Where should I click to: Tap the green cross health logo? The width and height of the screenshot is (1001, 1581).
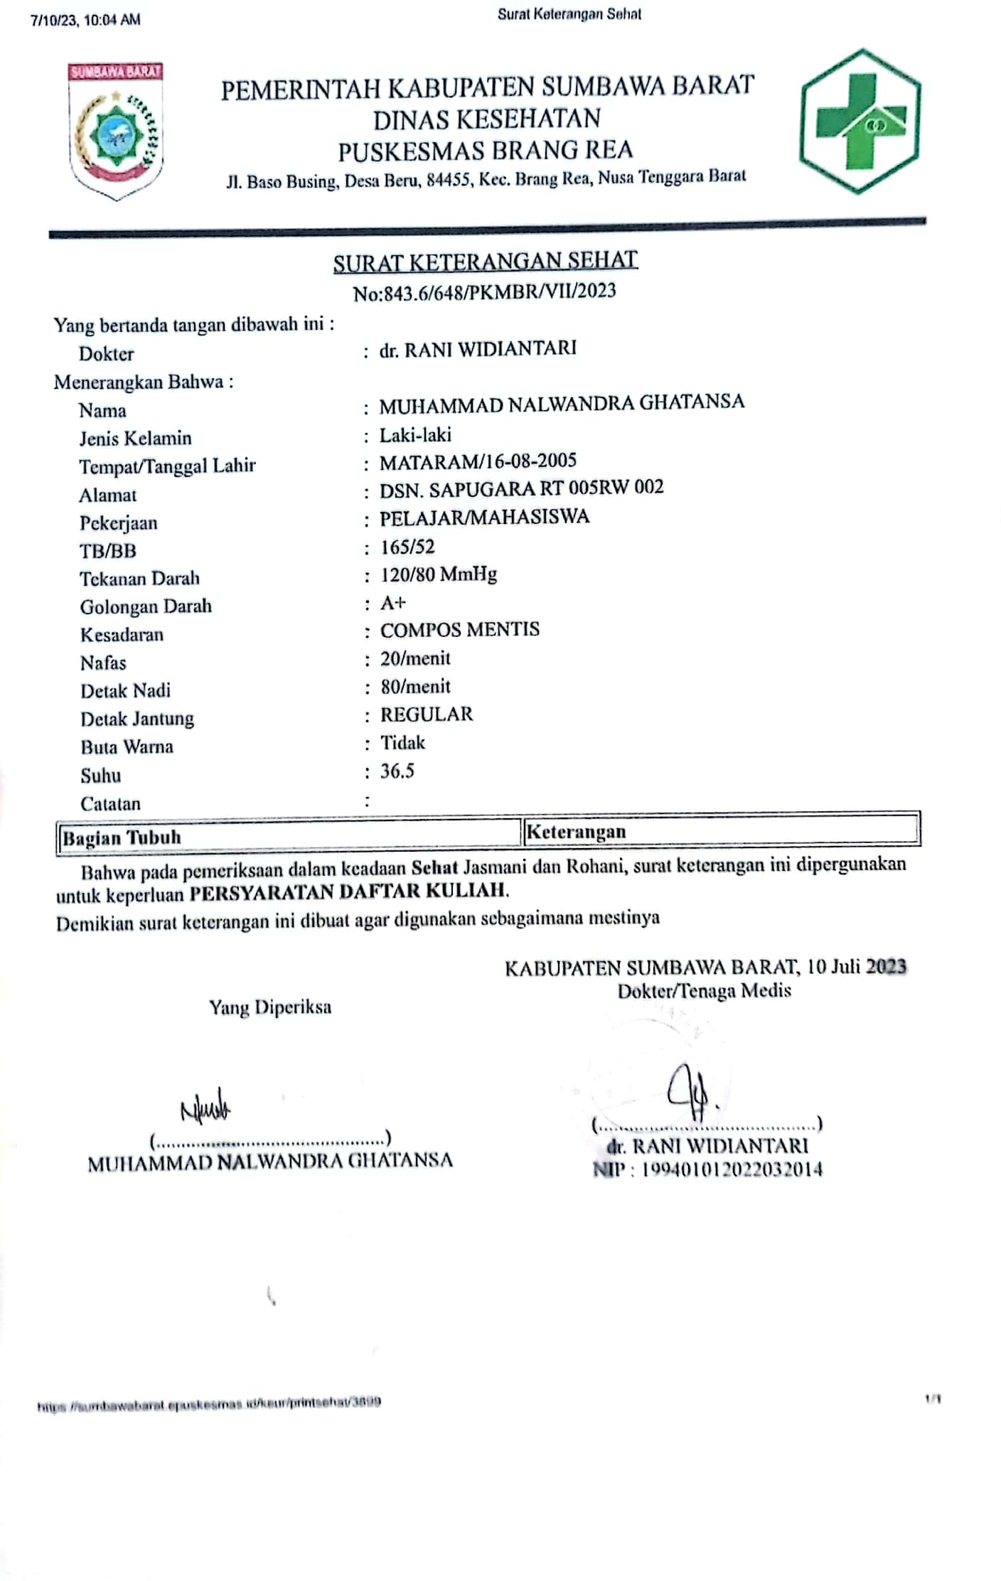point(861,122)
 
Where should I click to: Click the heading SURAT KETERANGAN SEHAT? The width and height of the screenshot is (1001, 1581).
point(486,261)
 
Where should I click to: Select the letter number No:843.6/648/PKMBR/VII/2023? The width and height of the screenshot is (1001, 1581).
point(485,291)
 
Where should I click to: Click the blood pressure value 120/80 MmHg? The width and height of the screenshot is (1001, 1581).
point(439,574)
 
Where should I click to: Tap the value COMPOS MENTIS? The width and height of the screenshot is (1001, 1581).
point(460,630)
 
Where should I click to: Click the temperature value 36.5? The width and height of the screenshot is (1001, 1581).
point(397,771)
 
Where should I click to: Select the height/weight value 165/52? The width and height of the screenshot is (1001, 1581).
point(407,547)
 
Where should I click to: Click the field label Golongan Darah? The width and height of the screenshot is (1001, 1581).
point(146,606)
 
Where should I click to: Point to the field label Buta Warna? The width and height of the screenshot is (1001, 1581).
point(127,747)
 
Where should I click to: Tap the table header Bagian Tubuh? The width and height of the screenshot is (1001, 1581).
point(122,837)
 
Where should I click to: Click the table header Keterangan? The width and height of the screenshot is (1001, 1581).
point(577,832)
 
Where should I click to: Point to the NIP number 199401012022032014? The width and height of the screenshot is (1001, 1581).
point(732,1169)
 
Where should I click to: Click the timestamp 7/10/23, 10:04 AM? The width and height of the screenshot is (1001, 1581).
point(85,20)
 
